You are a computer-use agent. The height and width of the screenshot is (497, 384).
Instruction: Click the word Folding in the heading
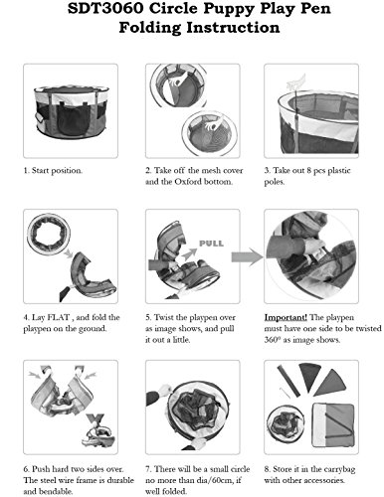click(x=150, y=27)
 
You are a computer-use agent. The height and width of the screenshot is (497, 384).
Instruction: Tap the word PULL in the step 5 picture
click(x=211, y=244)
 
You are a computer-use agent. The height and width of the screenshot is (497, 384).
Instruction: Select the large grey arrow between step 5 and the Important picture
click(x=247, y=256)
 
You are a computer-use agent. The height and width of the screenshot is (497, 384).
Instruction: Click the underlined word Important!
click(x=286, y=317)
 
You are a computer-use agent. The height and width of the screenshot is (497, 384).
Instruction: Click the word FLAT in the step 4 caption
click(x=59, y=317)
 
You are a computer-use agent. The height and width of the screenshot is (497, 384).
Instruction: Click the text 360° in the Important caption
click(x=273, y=340)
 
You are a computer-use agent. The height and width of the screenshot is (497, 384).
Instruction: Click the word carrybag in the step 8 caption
click(x=339, y=469)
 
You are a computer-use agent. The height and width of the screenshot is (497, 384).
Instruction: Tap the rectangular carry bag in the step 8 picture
click(x=333, y=424)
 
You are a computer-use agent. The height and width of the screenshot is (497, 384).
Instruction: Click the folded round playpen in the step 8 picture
click(x=286, y=423)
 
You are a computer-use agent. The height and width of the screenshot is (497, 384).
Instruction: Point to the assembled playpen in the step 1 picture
click(x=71, y=111)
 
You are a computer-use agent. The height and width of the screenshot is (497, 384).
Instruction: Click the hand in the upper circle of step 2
click(x=177, y=82)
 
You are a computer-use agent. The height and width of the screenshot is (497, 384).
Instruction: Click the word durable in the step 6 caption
click(x=120, y=480)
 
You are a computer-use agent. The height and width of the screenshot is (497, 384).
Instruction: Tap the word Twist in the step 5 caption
click(x=164, y=317)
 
